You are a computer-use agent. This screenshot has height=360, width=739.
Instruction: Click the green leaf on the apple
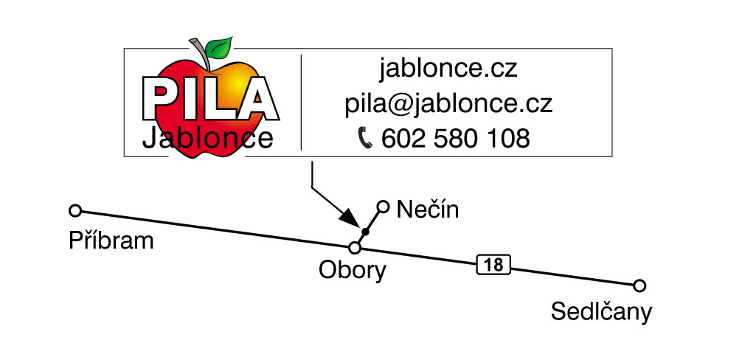pos(220,47)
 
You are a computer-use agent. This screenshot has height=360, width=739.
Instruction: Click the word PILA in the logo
pos(210,99)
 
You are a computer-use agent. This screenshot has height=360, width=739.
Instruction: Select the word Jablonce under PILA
pos(208,139)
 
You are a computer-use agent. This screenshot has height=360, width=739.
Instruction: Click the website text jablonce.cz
pos(448,69)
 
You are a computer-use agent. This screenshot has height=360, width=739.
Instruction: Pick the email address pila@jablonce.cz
pos(448,104)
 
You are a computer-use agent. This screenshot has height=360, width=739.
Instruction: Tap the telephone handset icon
pos(365,139)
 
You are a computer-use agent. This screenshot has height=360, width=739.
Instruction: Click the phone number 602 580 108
pos(455,139)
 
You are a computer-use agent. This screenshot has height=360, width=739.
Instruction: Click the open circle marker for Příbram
pos(75,211)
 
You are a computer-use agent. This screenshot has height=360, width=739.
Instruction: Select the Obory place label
pos(353,271)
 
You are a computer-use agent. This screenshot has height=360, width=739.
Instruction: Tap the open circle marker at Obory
pos(355,248)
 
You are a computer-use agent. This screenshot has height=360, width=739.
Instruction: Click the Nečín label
pos(428,210)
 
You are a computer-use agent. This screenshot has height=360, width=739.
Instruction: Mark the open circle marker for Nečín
pos(384,207)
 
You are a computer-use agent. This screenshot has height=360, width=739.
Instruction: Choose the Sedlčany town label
pos(601,312)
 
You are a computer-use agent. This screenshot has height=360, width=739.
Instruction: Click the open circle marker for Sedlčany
pos(639,285)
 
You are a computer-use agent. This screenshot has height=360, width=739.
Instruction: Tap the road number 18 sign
pos(493,266)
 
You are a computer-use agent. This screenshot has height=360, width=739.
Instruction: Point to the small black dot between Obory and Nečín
pos(365,232)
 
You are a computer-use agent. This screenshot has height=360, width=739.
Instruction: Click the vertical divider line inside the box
pos(301,103)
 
